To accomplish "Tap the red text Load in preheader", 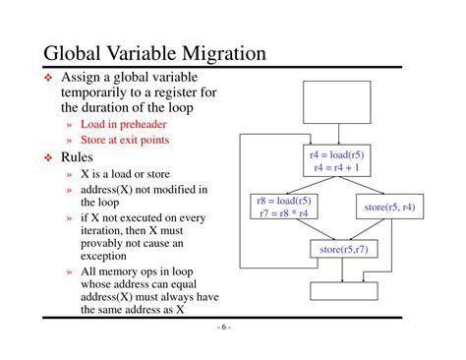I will point(125,125).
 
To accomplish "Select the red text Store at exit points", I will point(125,141).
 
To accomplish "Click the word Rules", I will point(80,156).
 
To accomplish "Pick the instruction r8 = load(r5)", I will point(286,200).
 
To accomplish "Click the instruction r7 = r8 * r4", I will point(286,212).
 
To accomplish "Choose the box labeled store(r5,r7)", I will point(343,251).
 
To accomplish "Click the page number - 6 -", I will point(224,329).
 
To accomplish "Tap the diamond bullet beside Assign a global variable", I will point(47,77).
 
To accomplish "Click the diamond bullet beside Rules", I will point(47,156).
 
